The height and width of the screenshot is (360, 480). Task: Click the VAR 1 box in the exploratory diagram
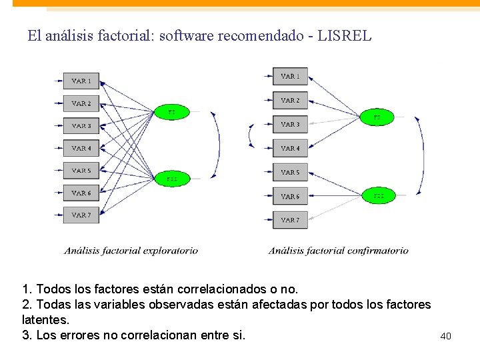81,81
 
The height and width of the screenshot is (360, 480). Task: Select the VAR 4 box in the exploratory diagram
81,148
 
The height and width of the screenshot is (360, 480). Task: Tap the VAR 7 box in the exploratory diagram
81,215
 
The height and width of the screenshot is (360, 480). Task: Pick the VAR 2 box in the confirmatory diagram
290,100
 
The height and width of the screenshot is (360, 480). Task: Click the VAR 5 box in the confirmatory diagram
290,172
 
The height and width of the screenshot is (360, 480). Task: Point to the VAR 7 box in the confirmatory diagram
290,220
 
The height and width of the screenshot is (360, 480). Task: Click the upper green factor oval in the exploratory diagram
172,112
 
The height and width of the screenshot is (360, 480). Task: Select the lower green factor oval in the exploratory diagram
172,179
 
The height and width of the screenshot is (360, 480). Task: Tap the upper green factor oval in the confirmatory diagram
377,117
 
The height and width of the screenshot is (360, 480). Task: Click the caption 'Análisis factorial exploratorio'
131,251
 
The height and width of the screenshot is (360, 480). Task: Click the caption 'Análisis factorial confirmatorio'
339,251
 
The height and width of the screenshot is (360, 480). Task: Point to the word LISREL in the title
345,36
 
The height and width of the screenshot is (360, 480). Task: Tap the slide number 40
446,336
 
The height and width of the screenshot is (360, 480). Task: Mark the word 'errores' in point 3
81,335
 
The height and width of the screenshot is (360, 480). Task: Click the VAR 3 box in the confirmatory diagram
290,124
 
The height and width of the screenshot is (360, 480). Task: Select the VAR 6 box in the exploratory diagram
81,193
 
